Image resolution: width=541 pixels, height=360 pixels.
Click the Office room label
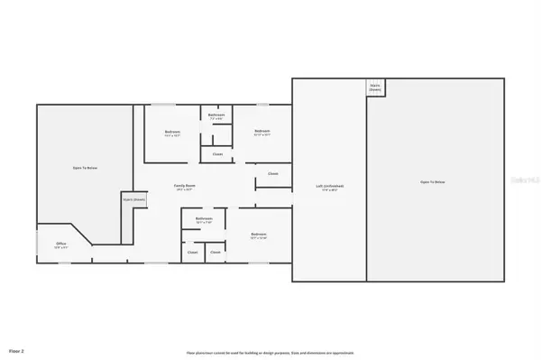[61, 244]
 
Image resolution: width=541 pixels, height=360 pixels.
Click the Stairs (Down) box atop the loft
[374, 88]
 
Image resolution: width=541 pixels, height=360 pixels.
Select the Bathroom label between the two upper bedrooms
[216, 115]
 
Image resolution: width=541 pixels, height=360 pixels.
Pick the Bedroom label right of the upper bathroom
[261, 133]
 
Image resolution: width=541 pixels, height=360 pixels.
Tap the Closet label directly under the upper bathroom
[217, 154]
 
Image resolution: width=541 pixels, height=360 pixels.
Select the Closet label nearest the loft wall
[272, 173]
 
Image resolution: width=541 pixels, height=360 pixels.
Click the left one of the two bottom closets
[192, 253]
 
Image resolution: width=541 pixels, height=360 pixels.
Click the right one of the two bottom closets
[215, 253]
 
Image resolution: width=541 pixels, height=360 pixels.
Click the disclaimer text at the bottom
[270, 352]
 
